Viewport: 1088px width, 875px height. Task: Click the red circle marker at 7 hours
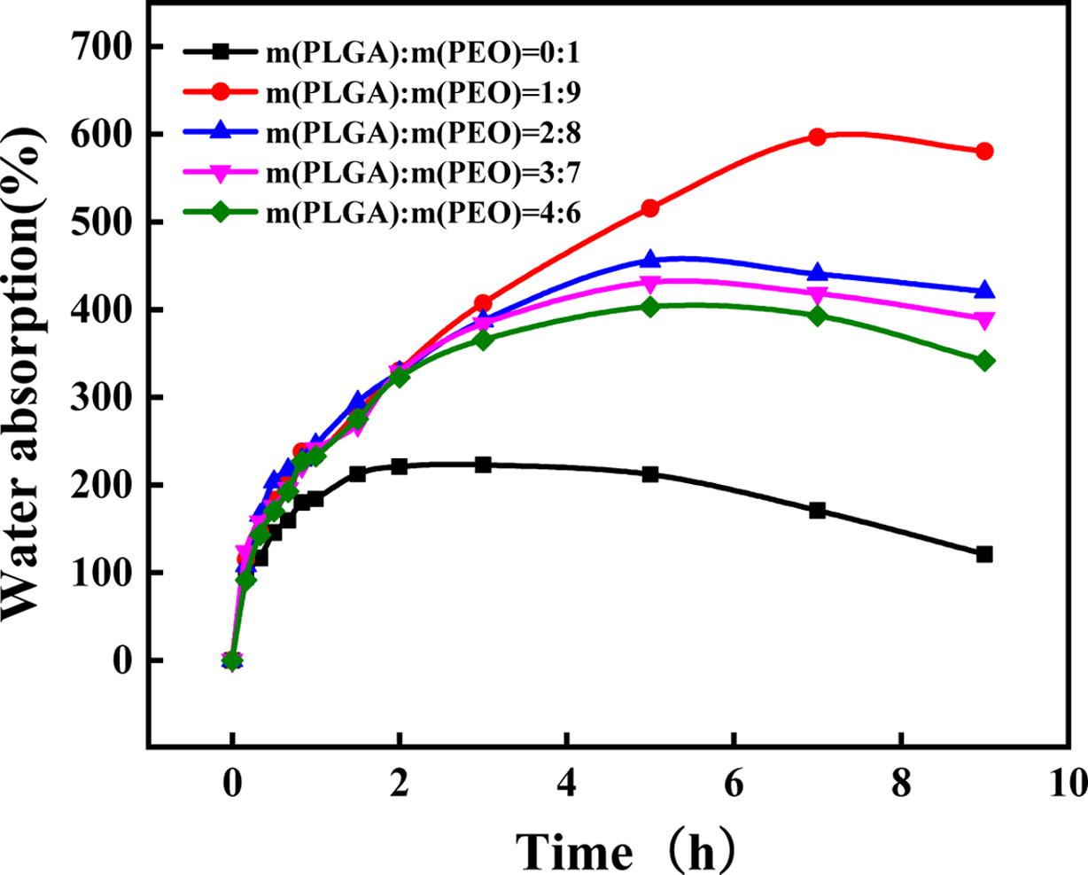click(817, 137)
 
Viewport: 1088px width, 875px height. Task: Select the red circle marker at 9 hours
click(983, 152)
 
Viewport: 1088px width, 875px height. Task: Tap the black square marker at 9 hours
click(983, 554)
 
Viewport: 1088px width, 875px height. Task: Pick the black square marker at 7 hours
click(817, 511)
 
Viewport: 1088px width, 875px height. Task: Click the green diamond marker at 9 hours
click(983, 361)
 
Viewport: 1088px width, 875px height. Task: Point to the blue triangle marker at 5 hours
click(650, 259)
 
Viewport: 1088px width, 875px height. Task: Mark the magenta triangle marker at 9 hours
click(983, 320)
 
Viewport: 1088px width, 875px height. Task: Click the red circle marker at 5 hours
click(650, 208)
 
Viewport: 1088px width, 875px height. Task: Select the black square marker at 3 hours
click(483, 465)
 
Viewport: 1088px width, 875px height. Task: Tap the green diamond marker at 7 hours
click(817, 316)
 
